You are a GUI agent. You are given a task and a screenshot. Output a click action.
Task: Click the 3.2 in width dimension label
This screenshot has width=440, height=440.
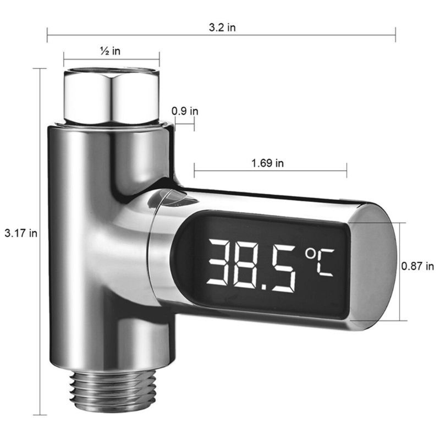pyautogui.click(x=222, y=28)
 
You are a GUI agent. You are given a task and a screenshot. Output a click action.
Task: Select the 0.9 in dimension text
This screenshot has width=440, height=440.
pyautogui.click(x=185, y=111)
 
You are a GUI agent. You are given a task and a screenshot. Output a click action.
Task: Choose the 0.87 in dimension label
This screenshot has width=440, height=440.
pyautogui.click(x=418, y=266)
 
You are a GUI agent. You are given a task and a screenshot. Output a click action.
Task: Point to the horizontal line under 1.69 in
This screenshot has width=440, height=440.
pyautogui.click(x=270, y=170)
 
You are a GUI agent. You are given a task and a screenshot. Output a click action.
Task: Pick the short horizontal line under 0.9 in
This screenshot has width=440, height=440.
pyautogui.click(x=185, y=124)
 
